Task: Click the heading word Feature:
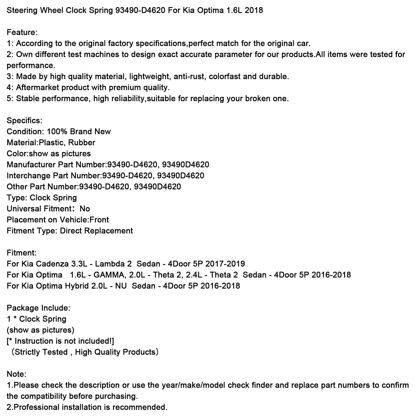(22, 33)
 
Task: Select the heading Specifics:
(24, 121)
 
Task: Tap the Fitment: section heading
(22, 253)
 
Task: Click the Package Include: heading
(38, 308)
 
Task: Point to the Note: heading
(16, 374)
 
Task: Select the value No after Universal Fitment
(85, 209)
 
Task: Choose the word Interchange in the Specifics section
(29, 176)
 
